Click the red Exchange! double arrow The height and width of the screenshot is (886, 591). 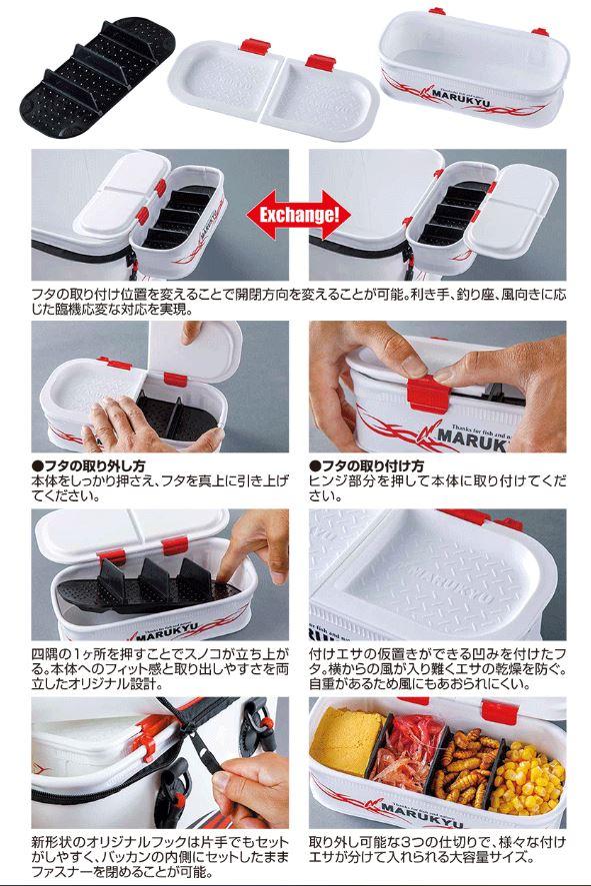point(299,215)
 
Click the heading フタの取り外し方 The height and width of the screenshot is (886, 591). point(89,466)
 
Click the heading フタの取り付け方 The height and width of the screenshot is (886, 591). point(367,466)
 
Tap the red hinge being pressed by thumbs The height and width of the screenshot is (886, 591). point(428,394)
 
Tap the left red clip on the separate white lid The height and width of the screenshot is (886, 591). point(254,45)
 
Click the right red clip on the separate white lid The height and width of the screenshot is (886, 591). point(321,60)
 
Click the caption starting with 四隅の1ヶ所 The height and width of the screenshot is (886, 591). point(160,669)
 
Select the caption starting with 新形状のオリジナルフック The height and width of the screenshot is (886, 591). point(160,857)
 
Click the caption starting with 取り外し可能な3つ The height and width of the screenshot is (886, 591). point(437,850)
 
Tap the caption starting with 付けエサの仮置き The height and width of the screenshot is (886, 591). point(437,669)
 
